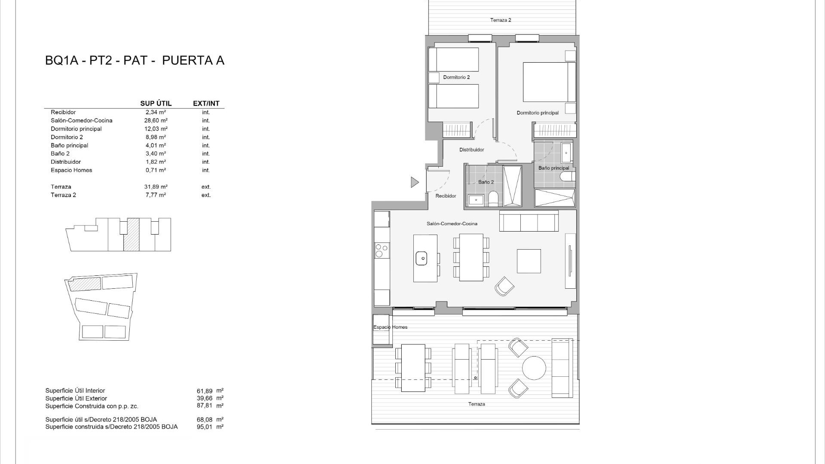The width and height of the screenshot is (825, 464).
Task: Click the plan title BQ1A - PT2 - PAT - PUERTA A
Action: point(134,61)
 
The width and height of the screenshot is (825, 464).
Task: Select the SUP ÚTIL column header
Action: point(156,104)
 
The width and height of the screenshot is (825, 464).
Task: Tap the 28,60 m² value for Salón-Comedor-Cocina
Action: point(156,121)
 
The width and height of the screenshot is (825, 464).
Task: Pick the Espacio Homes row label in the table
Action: point(71,170)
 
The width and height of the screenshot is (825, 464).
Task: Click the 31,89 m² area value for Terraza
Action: point(156,187)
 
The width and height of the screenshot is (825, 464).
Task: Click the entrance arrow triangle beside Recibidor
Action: point(414,182)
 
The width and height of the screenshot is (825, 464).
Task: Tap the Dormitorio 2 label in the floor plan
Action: point(456,77)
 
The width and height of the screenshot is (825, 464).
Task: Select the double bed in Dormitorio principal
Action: point(549,82)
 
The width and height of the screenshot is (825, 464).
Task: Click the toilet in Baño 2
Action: point(493,199)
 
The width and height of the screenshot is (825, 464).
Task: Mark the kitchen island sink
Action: point(421,258)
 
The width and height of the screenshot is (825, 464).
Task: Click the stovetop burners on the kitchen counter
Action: point(382,250)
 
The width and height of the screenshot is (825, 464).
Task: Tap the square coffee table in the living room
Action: point(529,261)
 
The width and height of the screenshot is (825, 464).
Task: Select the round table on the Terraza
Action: point(534,368)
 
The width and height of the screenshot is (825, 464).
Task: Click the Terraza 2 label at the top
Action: point(501,20)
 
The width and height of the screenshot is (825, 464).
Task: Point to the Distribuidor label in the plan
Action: point(471,150)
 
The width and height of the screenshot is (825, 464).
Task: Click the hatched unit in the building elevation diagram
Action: point(131,235)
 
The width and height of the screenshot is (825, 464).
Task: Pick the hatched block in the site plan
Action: point(85,284)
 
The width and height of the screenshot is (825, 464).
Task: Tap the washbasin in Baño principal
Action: point(566,153)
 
